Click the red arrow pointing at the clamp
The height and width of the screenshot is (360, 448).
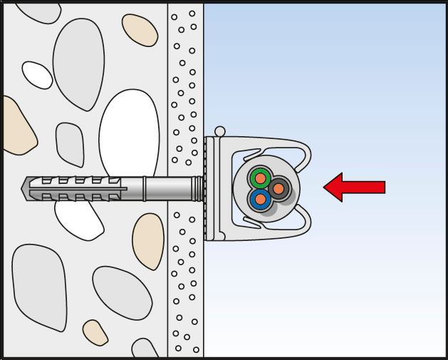coord(356,187)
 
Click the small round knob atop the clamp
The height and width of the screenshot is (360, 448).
coord(220,131)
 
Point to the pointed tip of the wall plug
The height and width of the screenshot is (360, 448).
coord(27,187)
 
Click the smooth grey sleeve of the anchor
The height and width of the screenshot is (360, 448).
coord(171,188)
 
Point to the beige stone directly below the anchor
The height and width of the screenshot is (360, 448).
coord(148,242)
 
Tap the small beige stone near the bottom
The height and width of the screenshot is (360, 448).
coord(95,331)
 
